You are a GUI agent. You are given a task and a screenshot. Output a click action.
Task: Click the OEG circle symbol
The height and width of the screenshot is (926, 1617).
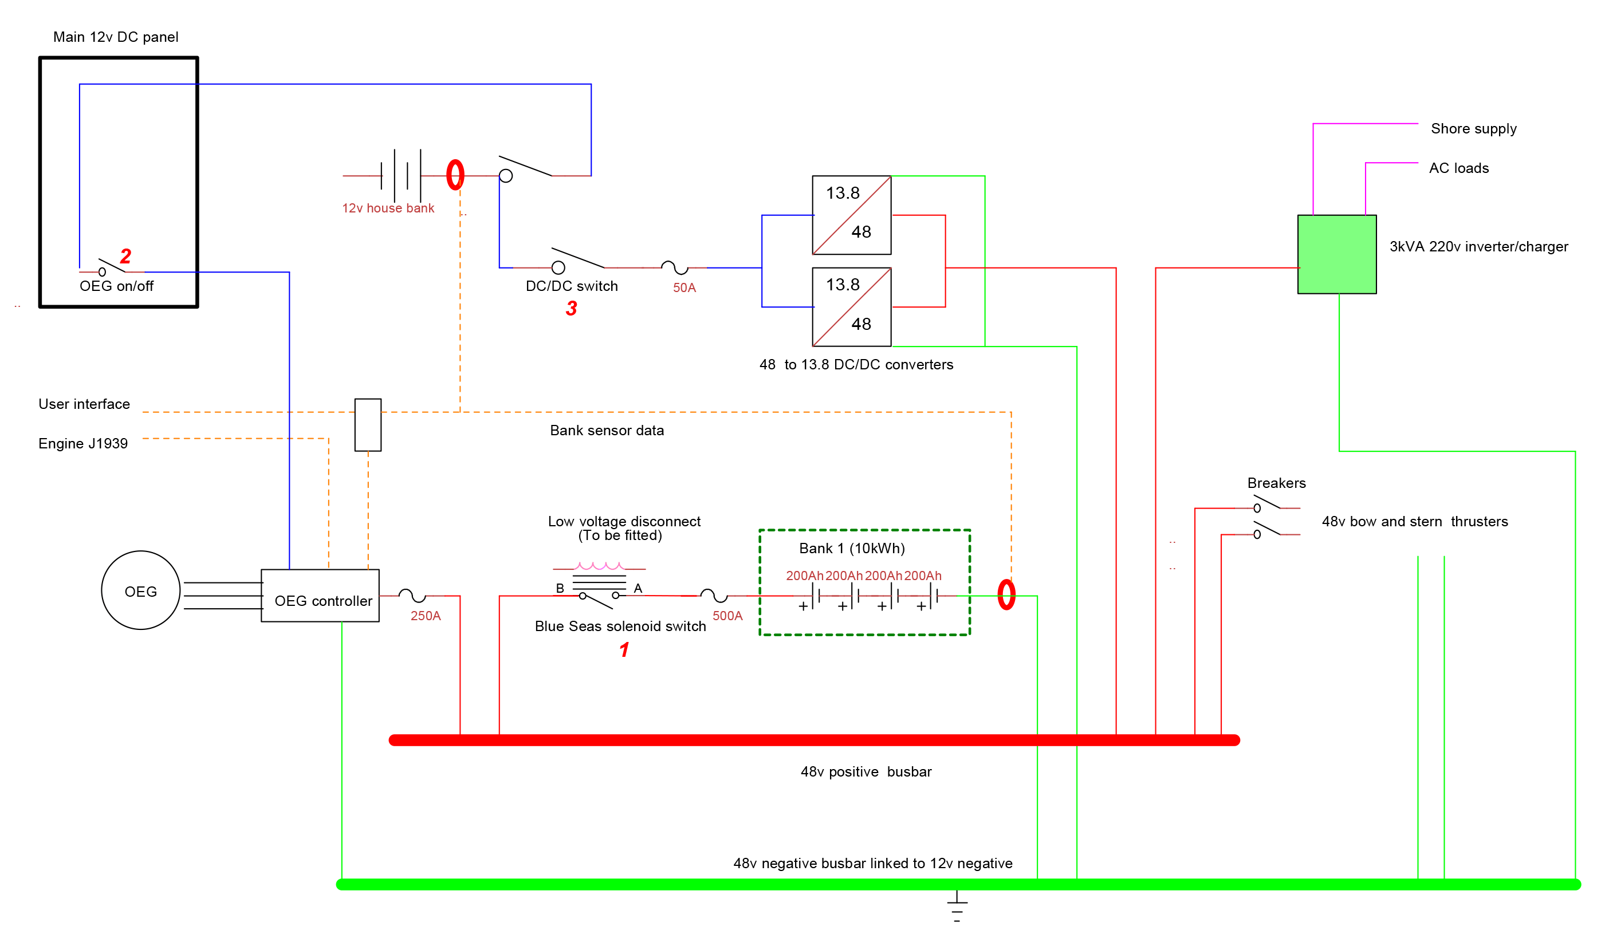pyautogui.click(x=140, y=590)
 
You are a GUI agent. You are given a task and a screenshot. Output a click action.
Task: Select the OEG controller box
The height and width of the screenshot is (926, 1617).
pyautogui.click(x=320, y=596)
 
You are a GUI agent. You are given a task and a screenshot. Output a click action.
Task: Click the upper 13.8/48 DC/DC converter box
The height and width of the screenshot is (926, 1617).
pyautogui.click(x=851, y=215)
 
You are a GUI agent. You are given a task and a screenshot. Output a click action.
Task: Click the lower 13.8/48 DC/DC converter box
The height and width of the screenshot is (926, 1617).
pyautogui.click(x=851, y=307)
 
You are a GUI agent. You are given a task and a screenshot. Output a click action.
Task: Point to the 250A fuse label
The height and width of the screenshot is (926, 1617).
pyautogui.click(x=425, y=616)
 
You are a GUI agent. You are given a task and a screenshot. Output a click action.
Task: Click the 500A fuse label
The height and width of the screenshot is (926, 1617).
pyautogui.click(x=727, y=616)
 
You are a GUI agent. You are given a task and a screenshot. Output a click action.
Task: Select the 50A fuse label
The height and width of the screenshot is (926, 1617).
pyautogui.click(x=684, y=287)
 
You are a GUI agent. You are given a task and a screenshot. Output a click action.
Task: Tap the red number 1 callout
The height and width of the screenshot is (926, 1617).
pyautogui.click(x=624, y=649)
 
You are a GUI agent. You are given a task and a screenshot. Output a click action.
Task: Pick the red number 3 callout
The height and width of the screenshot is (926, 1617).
pyautogui.click(x=571, y=309)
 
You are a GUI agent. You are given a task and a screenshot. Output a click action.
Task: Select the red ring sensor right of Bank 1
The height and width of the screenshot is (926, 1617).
pyautogui.click(x=1006, y=594)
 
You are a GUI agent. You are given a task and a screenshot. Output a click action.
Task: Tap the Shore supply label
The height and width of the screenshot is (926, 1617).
pyautogui.click(x=1473, y=128)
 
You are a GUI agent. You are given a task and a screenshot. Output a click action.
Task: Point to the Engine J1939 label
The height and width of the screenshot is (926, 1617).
pyautogui.click(x=82, y=443)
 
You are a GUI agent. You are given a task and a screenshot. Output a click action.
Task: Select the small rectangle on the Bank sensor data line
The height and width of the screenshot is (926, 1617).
pyautogui.click(x=368, y=425)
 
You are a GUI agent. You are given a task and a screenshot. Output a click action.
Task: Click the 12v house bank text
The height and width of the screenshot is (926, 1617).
pyautogui.click(x=388, y=208)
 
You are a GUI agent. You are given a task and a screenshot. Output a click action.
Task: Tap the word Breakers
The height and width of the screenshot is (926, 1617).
pyautogui.click(x=1276, y=483)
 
